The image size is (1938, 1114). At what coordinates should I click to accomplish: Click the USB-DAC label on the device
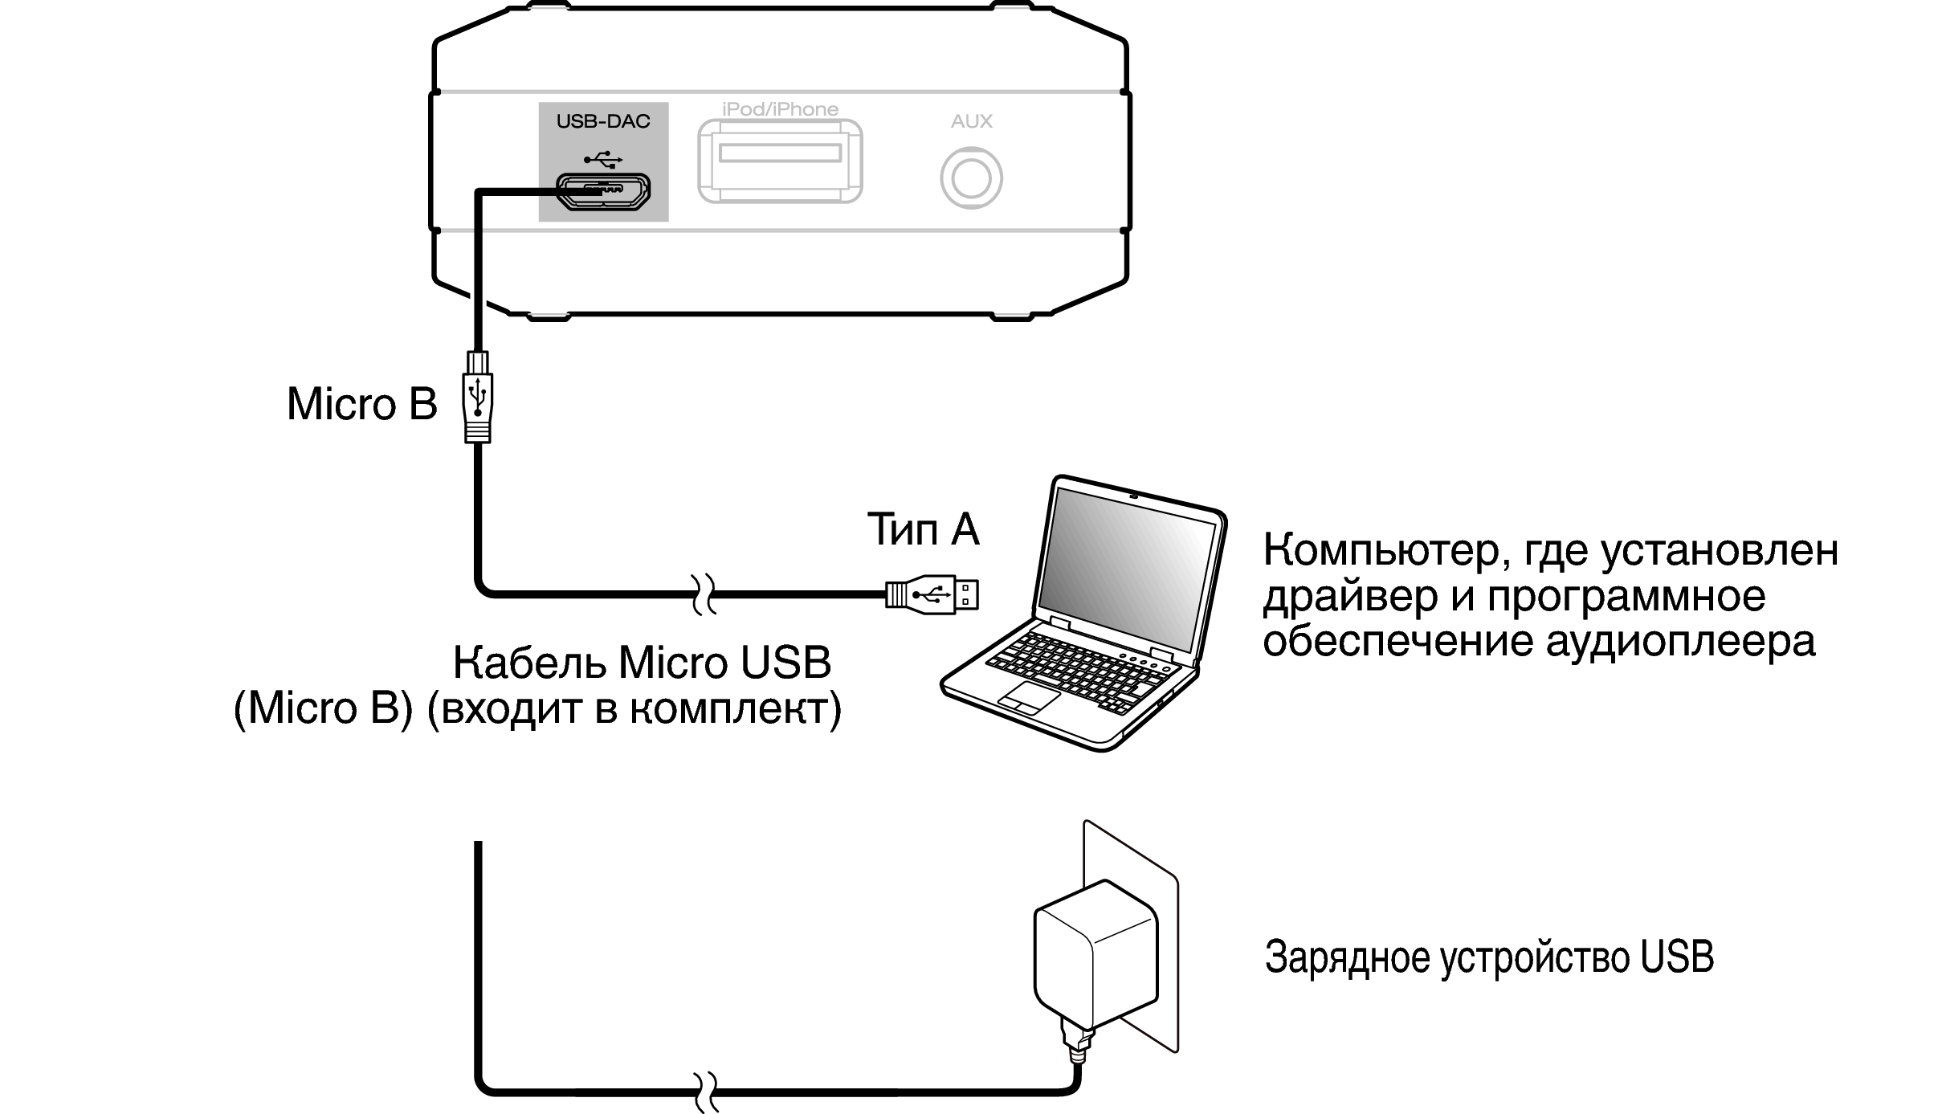(603, 121)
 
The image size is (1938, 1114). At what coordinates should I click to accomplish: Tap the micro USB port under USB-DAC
(604, 191)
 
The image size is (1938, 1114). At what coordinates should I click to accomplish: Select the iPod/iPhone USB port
(780, 161)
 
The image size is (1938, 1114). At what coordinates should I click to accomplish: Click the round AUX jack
(971, 178)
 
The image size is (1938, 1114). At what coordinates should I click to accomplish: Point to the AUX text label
(972, 121)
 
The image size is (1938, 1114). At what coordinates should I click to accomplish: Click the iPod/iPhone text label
(780, 109)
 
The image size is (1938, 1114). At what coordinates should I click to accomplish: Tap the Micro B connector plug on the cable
(478, 397)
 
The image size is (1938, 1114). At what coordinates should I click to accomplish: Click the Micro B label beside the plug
(362, 403)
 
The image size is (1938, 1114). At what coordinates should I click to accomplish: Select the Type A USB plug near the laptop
(932, 595)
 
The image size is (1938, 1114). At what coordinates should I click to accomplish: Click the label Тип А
(924, 529)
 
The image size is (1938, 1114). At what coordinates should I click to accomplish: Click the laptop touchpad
(1029, 698)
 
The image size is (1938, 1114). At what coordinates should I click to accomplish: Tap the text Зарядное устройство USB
(1489, 957)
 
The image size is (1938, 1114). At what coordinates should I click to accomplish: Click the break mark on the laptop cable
(704, 595)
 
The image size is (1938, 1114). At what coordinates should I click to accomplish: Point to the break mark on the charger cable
(704, 1092)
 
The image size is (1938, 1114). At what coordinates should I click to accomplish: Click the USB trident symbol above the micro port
(603, 159)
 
